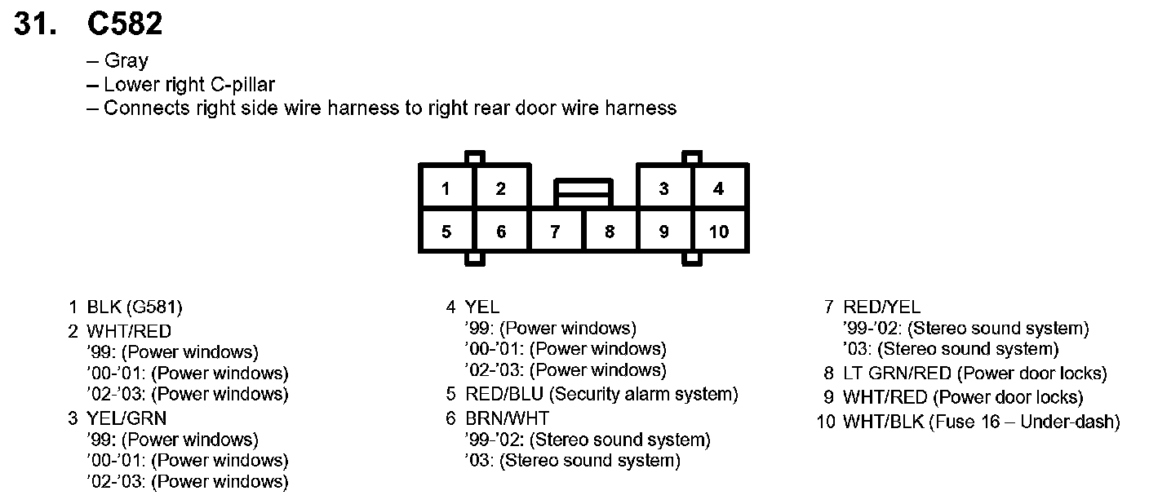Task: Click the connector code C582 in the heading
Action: tap(125, 24)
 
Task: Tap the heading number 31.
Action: tap(37, 24)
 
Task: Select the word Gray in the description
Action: tap(126, 60)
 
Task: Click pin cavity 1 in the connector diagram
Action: tap(446, 189)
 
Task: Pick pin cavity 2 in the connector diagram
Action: tap(500, 189)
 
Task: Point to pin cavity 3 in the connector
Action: tap(663, 189)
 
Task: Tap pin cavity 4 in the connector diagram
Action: tap(718, 189)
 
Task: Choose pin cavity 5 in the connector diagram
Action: tap(446, 232)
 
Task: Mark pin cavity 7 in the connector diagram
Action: tap(555, 232)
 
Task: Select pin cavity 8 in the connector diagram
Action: tap(610, 232)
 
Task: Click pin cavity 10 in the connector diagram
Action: tap(718, 232)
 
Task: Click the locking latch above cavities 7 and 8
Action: tap(582, 192)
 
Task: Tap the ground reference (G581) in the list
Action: tap(154, 307)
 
